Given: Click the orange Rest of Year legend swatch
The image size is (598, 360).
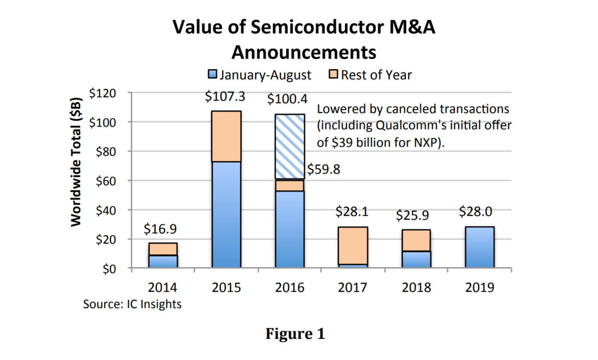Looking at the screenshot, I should pyautogui.click(x=334, y=75).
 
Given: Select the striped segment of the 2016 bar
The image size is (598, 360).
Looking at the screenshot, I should pyautogui.click(x=289, y=146).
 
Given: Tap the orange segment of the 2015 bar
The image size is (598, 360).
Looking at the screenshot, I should pyautogui.click(x=226, y=136).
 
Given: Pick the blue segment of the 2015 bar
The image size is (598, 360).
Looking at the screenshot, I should pyautogui.click(x=226, y=215).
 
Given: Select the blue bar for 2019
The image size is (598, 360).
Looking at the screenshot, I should pyautogui.click(x=480, y=247).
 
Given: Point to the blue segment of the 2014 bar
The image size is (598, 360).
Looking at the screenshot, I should pyautogui.click(x=163, y=261).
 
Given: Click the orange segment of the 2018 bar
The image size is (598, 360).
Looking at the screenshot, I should pyautogui.click(x=416, y=240).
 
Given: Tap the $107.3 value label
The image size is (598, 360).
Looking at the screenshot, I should pyautogui.click(x=225, y=96).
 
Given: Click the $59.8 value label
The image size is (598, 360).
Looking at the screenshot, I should pyautogui.click(x=324, y=169).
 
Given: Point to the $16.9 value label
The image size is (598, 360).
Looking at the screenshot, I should pyautogui.click(x=160, y=229).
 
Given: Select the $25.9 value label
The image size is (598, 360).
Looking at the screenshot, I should pyautogui.click(x=412, y=215).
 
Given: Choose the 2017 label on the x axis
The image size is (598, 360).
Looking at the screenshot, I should pyautogui.click(x=352, y=287).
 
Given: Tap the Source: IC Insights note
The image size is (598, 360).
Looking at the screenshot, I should pyautogui.click(x=132, y=304).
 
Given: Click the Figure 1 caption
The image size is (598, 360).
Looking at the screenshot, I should pyautogui.click(x=295, y=333).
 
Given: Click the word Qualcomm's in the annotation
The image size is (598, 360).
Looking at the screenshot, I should pyautogui.click(x=410, y=126).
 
